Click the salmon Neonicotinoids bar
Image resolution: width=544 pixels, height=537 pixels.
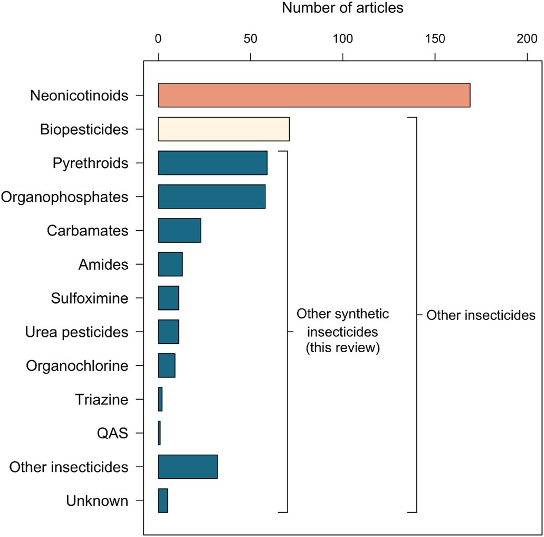point(314,95)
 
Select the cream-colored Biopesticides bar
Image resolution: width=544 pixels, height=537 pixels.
point(224,129)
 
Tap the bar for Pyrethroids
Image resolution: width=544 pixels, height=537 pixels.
point(213,163)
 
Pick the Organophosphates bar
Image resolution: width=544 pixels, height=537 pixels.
point(212,197)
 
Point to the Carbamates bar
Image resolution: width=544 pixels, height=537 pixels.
point(179,231)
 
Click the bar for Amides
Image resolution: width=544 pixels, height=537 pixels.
point(170,264)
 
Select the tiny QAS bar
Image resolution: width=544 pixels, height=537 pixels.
point(159,434)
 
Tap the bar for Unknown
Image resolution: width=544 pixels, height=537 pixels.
point(163,501)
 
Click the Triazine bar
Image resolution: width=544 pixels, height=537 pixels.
point(160,400)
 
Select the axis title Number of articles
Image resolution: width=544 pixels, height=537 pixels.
point(342,8)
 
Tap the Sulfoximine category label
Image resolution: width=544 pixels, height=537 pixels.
point(90,298)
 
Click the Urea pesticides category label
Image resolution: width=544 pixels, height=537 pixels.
point(77,332)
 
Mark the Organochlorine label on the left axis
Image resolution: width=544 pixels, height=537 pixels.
point(77,366)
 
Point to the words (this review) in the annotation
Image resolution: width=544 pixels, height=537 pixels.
point(343,348)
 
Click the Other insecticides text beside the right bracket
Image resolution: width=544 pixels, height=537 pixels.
point(481,316)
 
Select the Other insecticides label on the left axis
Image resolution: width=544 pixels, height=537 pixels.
point(69,467)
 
